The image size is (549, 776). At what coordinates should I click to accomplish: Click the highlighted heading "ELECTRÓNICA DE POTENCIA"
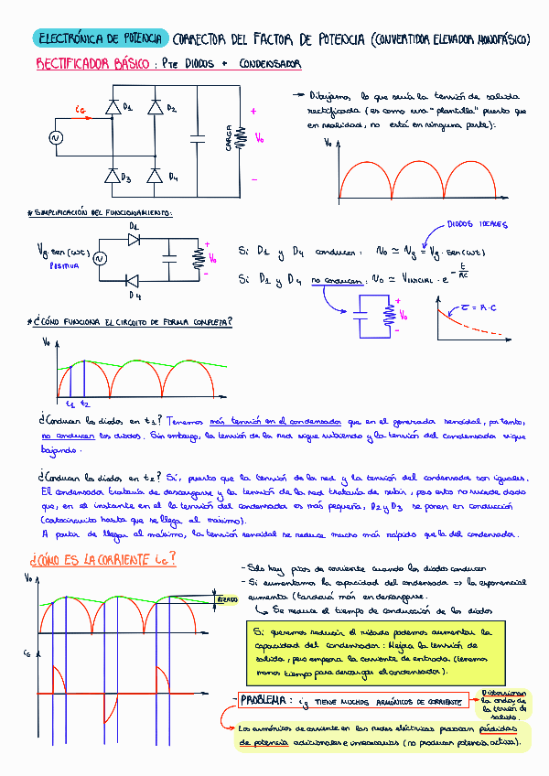[x=101, y=38]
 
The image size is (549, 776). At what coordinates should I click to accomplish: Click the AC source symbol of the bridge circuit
[x=54, y=138]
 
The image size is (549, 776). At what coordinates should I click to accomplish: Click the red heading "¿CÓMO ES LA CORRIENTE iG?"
[x=102, y=559]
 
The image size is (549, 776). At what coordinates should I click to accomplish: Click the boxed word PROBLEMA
[x=266, y=701]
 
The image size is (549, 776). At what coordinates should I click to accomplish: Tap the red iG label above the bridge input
[x=81, y=111]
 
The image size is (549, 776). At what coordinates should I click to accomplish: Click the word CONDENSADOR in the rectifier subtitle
[x=270, y=64]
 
